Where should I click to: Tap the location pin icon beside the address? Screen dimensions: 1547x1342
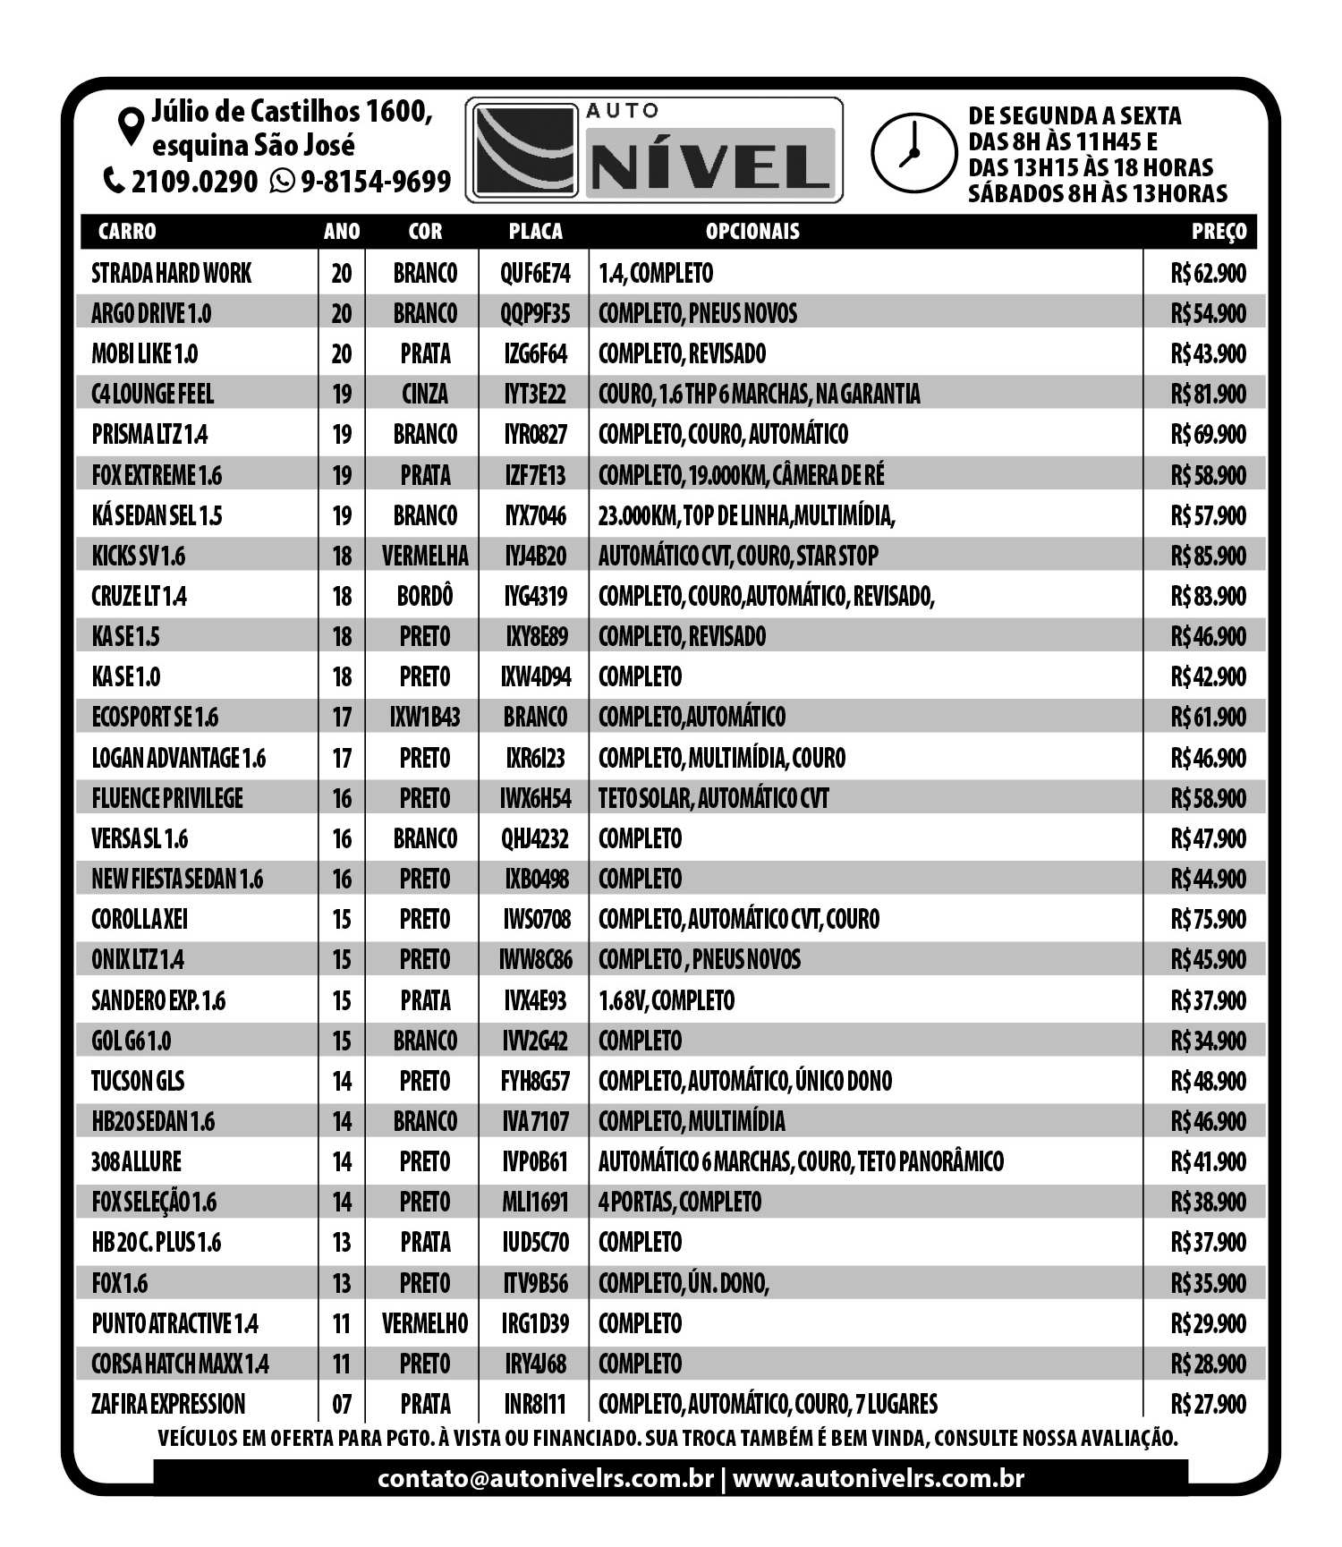(x=132, y=126)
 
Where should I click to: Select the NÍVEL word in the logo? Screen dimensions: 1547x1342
(x=711, y=166)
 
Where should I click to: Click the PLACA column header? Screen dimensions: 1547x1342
(x=535, y=232)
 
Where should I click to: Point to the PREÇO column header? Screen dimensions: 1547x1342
(x=1219, y=232)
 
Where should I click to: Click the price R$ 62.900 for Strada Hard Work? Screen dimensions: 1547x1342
(x=1208, y=273)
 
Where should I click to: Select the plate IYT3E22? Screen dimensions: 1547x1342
(x=535, y=394)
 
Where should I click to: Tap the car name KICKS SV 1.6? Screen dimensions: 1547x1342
(x=139, y=556)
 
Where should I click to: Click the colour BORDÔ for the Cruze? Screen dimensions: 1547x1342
(x=425, y=596)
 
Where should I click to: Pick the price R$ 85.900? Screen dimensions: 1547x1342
(x=1208, y=556)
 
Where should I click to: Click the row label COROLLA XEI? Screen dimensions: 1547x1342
(x=140, y=919)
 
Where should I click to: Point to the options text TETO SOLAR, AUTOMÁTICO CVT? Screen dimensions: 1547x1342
(x=713, y=798)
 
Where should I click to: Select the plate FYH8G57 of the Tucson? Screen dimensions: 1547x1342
(x=535, y=1081)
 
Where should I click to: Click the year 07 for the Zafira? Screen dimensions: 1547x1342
(x=342, y=1404)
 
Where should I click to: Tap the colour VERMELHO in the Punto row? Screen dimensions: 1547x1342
(x=425, y=1323)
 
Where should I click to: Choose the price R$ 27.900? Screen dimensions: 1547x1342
(x=1208, y=1404)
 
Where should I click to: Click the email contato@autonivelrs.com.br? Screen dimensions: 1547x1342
(x=546, y=1478)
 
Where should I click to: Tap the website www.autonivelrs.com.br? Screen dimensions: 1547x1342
(x=878, y=1478)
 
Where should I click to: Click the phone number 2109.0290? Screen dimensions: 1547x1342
(x=194, y=182)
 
